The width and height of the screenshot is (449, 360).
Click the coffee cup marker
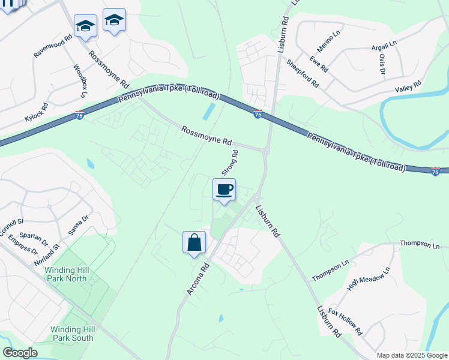224,190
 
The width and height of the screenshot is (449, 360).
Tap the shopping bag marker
194,244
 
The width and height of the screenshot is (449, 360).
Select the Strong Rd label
230,163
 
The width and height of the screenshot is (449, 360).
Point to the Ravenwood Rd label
53,46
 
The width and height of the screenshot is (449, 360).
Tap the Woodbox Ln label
80,80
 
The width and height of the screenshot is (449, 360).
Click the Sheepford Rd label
303,73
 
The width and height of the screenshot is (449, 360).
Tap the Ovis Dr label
381,64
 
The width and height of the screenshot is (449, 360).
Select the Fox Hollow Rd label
346,322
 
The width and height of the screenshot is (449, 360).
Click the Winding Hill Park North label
67,274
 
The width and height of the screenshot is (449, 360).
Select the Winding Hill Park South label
71,334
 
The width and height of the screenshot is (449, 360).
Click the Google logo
20,353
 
